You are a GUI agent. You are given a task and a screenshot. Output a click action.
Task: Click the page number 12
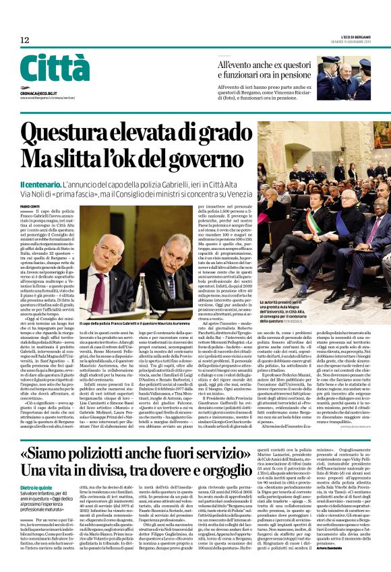click(24, 40)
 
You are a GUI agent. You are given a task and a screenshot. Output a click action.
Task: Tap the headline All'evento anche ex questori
click(264, 65)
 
